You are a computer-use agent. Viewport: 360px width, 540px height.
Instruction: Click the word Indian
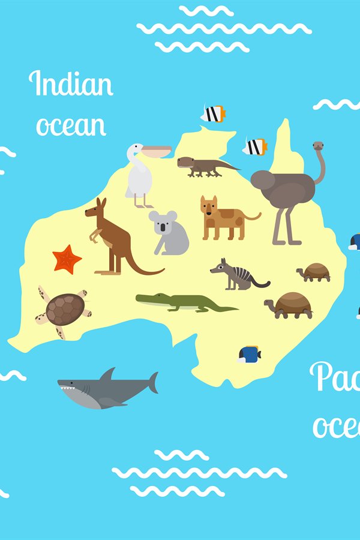(x=71, y=85)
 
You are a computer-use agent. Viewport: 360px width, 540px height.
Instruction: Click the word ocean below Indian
(x=71, y=125)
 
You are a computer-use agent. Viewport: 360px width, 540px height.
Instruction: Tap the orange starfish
(x=67, y=259)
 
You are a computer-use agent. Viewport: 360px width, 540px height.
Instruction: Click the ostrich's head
(x=319, y=146)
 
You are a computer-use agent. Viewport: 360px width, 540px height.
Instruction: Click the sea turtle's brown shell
(x=64, y=308)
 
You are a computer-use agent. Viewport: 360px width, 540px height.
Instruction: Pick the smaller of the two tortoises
(x=314, y=273)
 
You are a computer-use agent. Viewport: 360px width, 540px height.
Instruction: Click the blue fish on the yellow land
(x=249, y=354)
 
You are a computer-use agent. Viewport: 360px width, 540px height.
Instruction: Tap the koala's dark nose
(x=162, y=227)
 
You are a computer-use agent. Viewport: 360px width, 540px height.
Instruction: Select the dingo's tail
(x=254, y=217)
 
